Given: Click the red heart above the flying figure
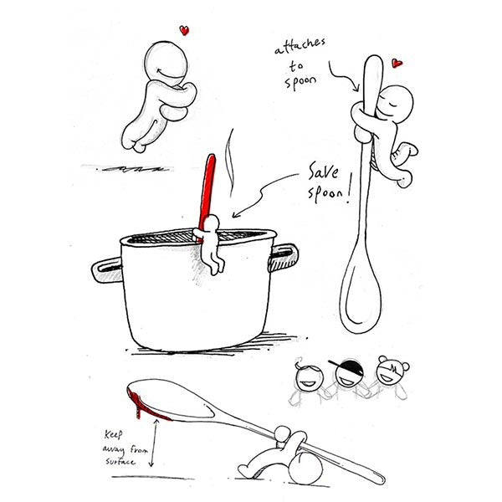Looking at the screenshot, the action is coord(184,30).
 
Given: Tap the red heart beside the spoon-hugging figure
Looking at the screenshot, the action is coord(397,63).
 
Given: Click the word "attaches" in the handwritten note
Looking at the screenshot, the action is coord(300,46).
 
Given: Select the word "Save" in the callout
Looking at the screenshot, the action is coord(323,171).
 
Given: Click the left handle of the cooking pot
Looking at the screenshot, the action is coord(107,269).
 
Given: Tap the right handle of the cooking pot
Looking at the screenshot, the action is coord(284,257).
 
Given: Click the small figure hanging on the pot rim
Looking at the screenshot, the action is coord(210,243).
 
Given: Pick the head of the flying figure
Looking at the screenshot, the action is coord(166,63).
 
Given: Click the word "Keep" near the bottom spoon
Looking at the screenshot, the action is coord(113,434).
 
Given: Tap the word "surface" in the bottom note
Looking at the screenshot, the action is coord(120,461).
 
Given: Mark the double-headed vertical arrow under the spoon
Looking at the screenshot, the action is coord(153,443).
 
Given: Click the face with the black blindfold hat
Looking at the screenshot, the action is coord(349,373).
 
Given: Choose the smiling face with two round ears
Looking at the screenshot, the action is coord(390,371).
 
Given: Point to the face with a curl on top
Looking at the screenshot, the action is coord(310,378).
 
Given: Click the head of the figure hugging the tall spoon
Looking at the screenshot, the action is coord(396,102).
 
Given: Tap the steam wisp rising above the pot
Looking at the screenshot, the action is coord(229,163).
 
